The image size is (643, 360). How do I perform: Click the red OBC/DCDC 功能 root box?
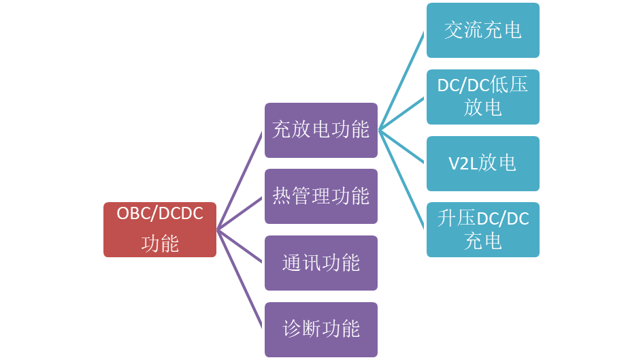(x=160, y=229)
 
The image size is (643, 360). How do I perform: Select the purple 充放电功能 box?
(x=321, y=129)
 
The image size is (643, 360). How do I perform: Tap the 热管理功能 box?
(x=321, y=196)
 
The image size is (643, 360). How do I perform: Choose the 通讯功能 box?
(x=321, y=263)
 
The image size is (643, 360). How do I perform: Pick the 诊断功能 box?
(x=321, y=329)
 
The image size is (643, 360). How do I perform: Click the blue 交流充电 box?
(x=483, y=30)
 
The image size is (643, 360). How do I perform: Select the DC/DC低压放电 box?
(x=483, y=96)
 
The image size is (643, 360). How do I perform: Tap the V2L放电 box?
(x=483, y=163)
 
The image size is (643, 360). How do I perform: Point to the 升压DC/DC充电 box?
(x=483, y=229)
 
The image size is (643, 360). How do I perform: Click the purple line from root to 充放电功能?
(x=240, y=180)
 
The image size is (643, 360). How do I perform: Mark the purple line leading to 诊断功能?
(x=240, y=279)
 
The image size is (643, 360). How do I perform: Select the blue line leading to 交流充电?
(x=402, y=80)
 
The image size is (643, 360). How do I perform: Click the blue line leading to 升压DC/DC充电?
(x=402, y=179)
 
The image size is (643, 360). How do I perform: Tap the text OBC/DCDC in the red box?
(x=160, y=214)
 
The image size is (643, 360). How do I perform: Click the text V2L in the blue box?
(x=463, y=163)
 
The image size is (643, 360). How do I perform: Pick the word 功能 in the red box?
(x=160, y=244)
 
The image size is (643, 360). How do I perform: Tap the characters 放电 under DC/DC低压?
(x=483, y=108)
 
